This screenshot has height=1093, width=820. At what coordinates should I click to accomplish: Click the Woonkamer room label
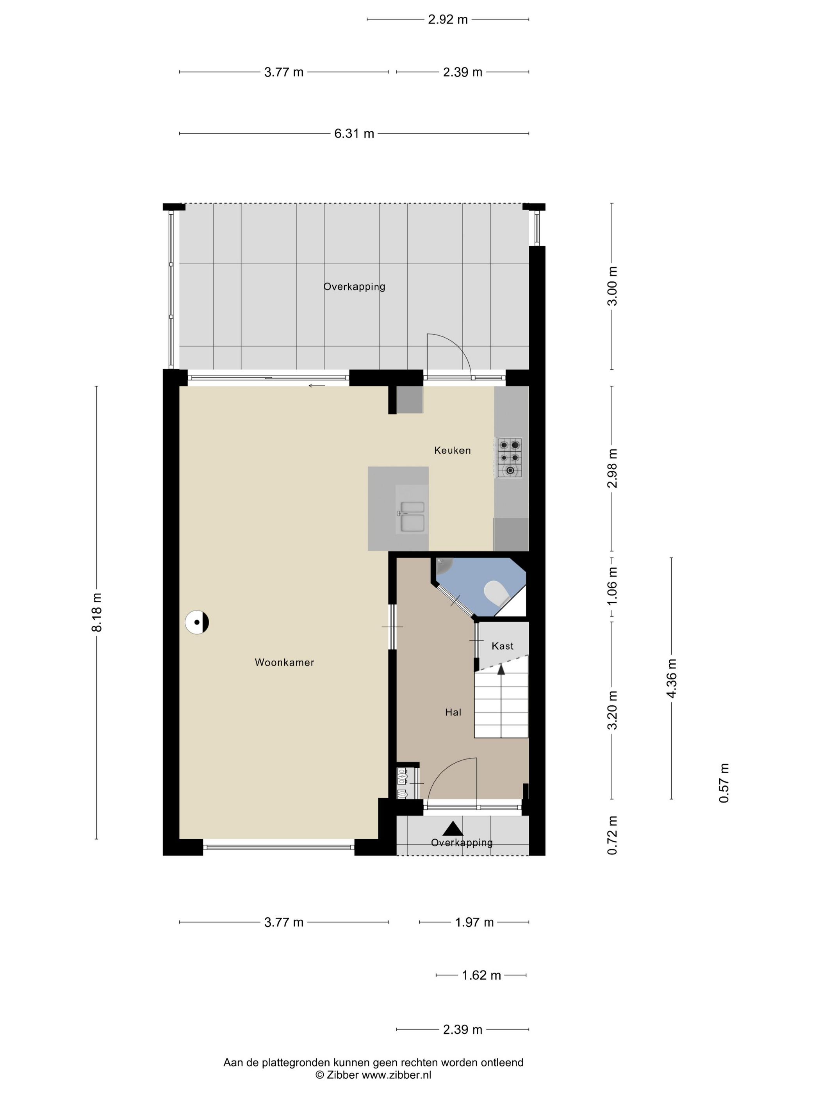coord(284,662)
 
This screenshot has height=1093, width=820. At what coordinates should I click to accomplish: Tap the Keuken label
coord(452,450)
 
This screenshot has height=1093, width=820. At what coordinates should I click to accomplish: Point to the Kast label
coord(502,646)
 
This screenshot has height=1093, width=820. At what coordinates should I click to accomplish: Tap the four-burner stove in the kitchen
coord(510,457)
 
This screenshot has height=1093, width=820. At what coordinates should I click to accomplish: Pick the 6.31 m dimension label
coord(354,134)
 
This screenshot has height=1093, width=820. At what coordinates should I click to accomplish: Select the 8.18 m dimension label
coord(96,612)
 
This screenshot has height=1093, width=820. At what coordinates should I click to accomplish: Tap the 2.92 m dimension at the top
coord(448,19)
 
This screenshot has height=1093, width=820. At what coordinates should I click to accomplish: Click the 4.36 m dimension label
coord(671,678)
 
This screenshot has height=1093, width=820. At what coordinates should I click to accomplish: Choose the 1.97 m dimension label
coord(474,922)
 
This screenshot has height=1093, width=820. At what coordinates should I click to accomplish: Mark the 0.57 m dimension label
coord(724,783)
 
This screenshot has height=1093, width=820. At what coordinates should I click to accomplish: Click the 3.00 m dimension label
coord(612,286)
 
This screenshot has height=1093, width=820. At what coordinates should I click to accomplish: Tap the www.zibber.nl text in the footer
coord(396,1075)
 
